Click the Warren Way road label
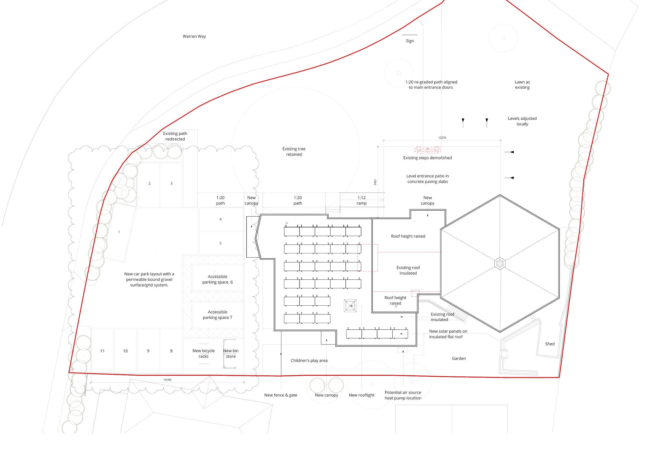point(194,36)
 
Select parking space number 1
point(119,232)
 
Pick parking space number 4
point(220,219)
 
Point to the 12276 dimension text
point(442,138)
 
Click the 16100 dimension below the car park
point(167,380)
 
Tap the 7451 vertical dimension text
point(375,182)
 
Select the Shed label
point(550,344)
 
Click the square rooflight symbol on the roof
point(350,306)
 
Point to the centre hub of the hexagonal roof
point(500,263)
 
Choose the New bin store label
point(231,354)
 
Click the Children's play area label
point(309,361)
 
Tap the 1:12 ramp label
point(362,200)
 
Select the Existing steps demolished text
point(427,158)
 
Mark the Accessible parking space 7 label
point(217,315)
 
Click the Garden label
point(459,359)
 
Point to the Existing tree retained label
point(294,152)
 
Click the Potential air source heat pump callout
point(403,395)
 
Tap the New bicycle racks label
point(203,354)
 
